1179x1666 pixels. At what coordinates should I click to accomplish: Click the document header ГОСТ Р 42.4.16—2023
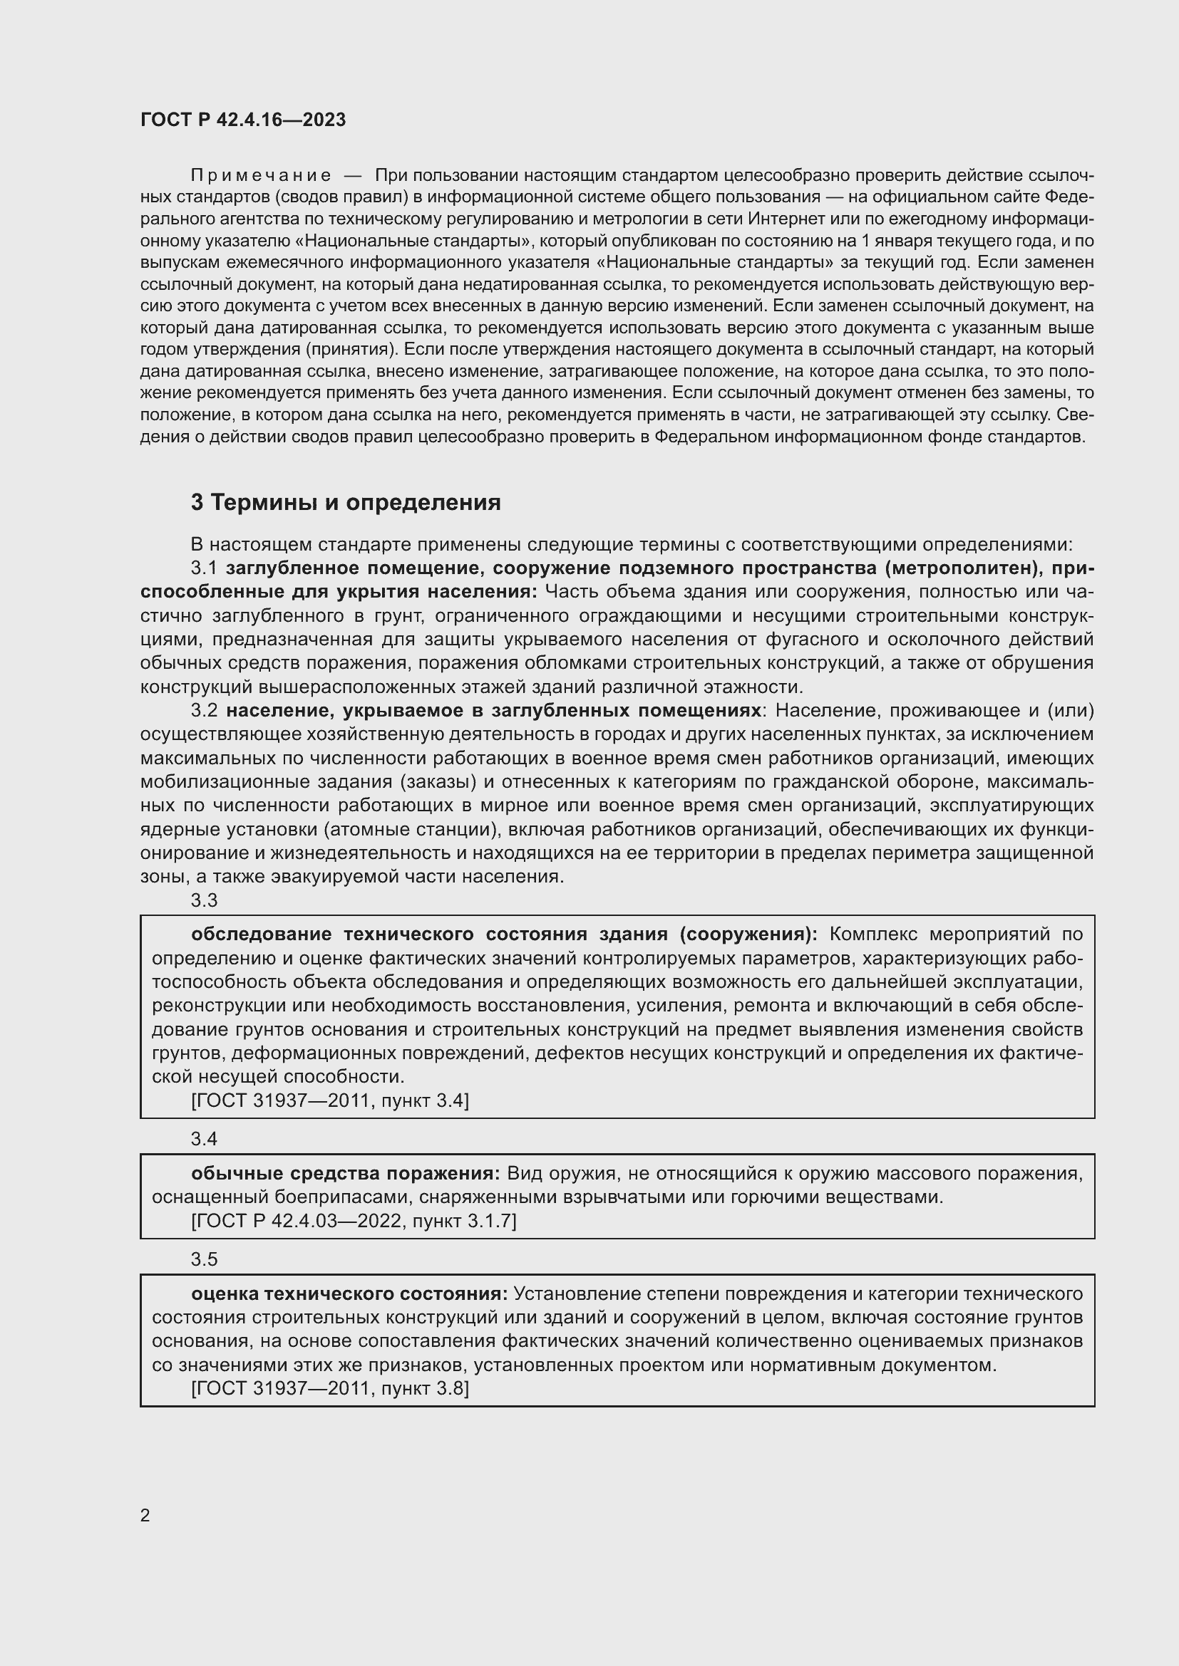(243, 120)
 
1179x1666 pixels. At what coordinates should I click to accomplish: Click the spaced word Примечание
(261, 175)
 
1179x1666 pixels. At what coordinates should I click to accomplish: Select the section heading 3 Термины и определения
(346, 502)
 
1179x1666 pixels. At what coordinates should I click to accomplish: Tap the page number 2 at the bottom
(145, 1515)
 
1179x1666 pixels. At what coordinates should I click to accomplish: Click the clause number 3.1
(204, 568)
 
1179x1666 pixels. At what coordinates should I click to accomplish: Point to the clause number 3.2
(204, 710)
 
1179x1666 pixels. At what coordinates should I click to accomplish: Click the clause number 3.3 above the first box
(204, 900)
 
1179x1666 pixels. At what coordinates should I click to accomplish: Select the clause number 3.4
(204, 1139)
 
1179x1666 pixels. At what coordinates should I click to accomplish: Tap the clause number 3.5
(204, 1259)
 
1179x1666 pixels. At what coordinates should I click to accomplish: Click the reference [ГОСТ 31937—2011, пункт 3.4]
(330, 1100)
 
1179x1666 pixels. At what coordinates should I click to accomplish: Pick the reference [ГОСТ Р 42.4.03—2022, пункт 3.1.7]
(354, 1221)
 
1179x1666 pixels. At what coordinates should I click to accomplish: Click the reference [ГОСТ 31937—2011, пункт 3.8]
(330, 1388)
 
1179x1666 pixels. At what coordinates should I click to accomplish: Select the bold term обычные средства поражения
(346, 1173)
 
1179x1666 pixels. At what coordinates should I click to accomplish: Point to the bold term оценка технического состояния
(350, 1293)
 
